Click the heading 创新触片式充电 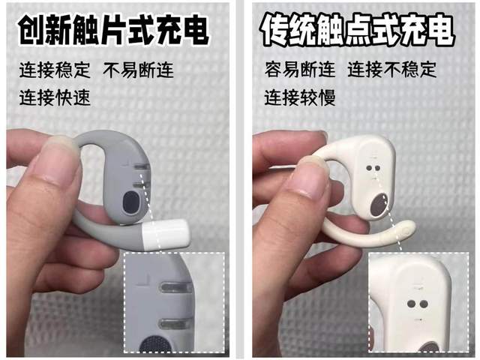[x=113, y=30]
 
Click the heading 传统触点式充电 [x=357, y=30]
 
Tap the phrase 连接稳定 [x=55, y=70]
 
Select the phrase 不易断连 [x=138, y=70]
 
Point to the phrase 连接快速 [x=55, y=97]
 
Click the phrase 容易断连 [x=300, y=69]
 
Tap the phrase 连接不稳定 [x=392, y=69]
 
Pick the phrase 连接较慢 [x=300, y=97]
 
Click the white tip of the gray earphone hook [x=166, y=235]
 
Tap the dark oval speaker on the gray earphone [x=130, y=202]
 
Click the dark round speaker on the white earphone [x=379, y=205]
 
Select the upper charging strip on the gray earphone [x=142, y=166]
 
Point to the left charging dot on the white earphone [x=369, y=168]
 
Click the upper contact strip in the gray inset [x=175, y=287]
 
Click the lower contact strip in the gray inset [x=173, y=323]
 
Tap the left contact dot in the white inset [x=412, y=304]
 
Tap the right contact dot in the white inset [x=424, y=304]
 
